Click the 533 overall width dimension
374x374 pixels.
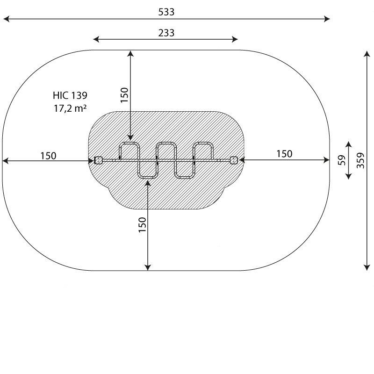166,12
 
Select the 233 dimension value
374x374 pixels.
166,33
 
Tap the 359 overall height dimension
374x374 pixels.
360,160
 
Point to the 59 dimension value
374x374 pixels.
342,160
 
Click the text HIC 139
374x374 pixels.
70,95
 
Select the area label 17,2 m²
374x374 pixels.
70,108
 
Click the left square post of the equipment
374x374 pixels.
98,160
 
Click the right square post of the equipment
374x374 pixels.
234,160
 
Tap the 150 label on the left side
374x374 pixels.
49,156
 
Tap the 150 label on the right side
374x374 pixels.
284,154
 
